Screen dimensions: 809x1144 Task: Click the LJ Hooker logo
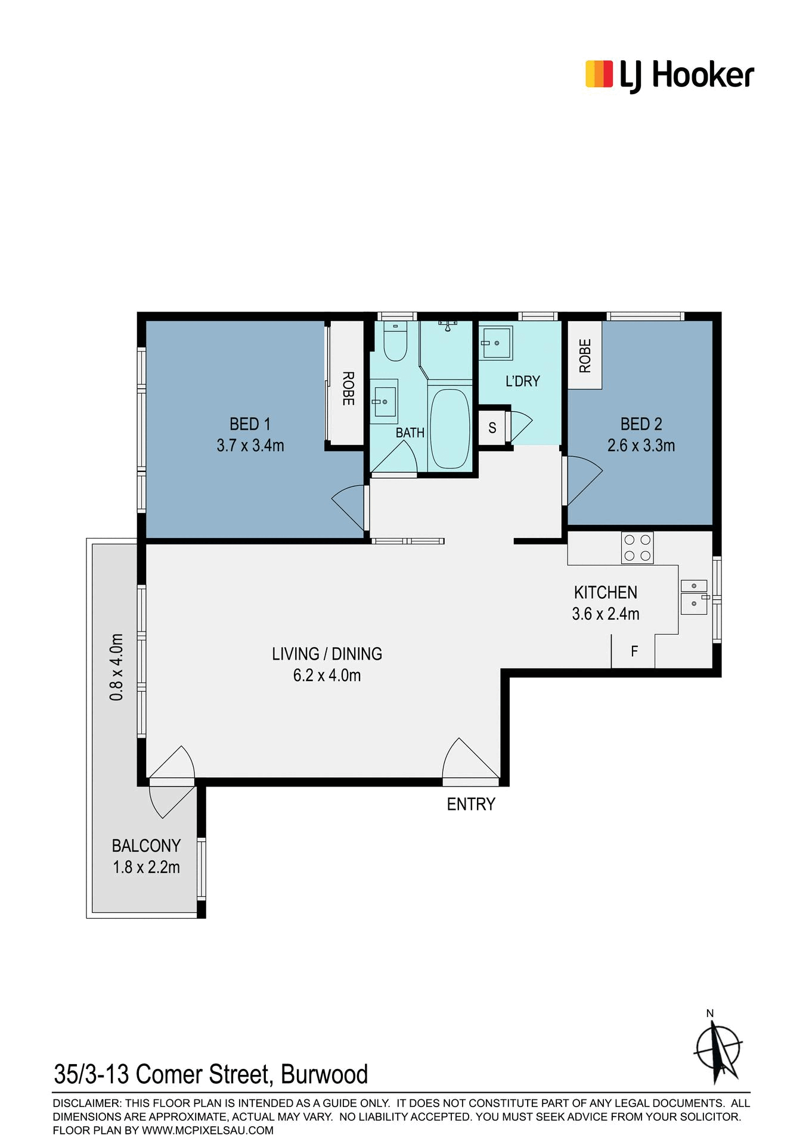[x=669, y=76]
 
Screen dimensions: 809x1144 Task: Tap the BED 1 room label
[x=250, y=424]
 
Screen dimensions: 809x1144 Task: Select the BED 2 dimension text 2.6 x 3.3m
[x=641, y=445]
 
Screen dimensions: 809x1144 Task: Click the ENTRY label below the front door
[x=471, y=804]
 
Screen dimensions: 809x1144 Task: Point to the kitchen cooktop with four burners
[x=637, y=548]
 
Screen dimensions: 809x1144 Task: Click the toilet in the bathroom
[x=395, y=341]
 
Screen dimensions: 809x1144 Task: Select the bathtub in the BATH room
[x=450, y=428]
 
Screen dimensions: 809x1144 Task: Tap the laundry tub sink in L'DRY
[x=496, y=343]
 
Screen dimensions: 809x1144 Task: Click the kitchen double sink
[x=694, y=596]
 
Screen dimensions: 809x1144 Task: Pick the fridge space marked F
[x=633, y=651]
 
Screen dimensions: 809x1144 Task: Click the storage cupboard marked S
[x=492, y=427]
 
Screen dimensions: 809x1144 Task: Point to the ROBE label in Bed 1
[x=348, y=388]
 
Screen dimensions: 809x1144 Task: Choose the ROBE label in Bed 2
[x=585, y=356]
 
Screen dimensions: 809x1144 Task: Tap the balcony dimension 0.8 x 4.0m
[x=116, y=667]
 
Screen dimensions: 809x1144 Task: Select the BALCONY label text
[x=146, y=845]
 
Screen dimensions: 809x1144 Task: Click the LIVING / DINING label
[x=327, y=654]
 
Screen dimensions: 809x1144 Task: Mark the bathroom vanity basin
[x=384, y=401]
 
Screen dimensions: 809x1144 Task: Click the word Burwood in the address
[x=324, y=1074]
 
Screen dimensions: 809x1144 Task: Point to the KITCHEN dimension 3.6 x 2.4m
[x=606, y=614]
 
